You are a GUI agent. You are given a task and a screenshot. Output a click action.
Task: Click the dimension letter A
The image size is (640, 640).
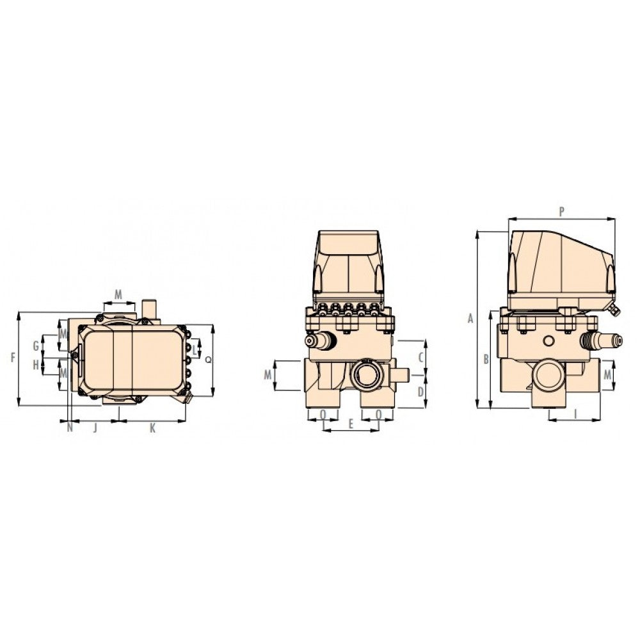(470, 318)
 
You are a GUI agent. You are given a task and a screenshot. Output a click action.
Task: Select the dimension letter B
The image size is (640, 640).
(486, 360)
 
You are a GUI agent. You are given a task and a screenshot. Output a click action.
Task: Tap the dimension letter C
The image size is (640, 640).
(421, 358)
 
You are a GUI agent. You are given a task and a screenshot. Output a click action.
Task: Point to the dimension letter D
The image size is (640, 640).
(421, 392)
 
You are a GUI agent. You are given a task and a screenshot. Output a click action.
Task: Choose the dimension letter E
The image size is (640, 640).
(351, 424)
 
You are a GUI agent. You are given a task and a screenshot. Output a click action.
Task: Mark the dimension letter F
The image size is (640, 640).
(13, 358)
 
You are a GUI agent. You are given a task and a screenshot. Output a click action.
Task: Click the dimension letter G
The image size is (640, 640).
(36, 346)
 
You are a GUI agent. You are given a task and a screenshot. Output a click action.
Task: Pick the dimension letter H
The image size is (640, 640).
(36, 365)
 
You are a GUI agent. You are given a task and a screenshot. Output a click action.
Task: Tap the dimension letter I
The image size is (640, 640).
(575, 414)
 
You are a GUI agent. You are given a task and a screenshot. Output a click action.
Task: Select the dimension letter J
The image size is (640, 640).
(95, 428)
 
